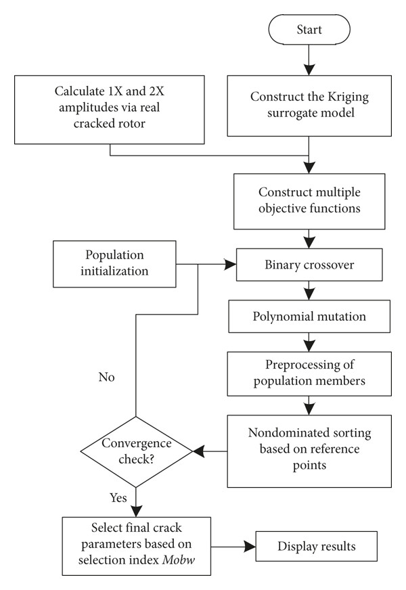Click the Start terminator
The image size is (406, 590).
click(309, 30)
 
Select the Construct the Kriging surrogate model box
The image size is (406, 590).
click(309, 106)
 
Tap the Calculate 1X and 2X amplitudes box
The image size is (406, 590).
click(110, 110)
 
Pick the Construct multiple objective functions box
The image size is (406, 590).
click(309, 202)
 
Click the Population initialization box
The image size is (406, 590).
click(114, 264)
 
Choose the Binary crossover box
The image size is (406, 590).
click(309, 265)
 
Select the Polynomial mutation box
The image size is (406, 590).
click(309, 317)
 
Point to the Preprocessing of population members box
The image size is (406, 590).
click(309, 373)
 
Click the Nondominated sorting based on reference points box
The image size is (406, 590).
click(309, 451)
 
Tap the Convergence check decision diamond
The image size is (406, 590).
click(136, 451)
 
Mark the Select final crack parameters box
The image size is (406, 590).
click(136, 546)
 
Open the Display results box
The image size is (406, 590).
click(317, 546)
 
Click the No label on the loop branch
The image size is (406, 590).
click(106, 377)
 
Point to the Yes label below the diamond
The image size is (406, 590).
click(118, 498)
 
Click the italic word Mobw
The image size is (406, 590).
click(179, 560)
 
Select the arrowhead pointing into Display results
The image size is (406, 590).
click(250, 546)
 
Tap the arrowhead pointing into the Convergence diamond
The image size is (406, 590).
click(199, 451)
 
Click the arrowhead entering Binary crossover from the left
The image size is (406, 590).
click(230, 264)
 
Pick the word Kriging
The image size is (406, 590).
click(348, 97)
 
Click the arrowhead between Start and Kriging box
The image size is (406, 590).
click(309, 69)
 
